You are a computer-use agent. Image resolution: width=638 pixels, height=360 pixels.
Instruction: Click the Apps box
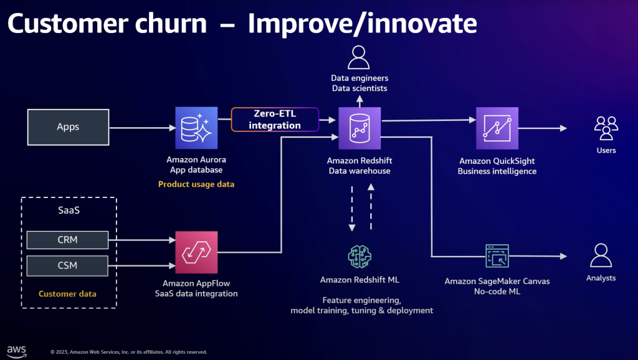68,127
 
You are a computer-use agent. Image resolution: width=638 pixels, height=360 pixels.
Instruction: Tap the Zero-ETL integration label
275,120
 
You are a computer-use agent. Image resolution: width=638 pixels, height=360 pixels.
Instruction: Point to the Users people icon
606,128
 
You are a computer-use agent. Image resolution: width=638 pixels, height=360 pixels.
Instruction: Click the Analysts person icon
601,255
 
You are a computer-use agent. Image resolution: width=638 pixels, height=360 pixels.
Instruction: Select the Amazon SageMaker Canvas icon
497,256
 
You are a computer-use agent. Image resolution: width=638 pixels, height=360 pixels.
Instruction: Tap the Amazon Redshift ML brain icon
359,256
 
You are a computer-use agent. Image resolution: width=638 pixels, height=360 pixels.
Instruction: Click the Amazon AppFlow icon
196,252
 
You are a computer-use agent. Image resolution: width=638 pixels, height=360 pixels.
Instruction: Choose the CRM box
67,239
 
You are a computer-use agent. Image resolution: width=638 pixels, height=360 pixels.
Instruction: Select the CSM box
67,265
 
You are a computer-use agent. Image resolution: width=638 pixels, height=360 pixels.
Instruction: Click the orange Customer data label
67,293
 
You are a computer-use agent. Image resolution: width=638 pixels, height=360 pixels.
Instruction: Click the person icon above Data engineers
358,57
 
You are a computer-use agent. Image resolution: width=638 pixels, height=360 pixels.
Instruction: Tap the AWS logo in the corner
16,350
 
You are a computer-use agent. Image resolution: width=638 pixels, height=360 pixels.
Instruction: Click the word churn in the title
169,24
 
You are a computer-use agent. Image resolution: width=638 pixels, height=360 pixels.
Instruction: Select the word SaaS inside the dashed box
69,211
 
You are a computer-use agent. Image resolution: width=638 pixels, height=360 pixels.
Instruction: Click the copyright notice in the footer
128,352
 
